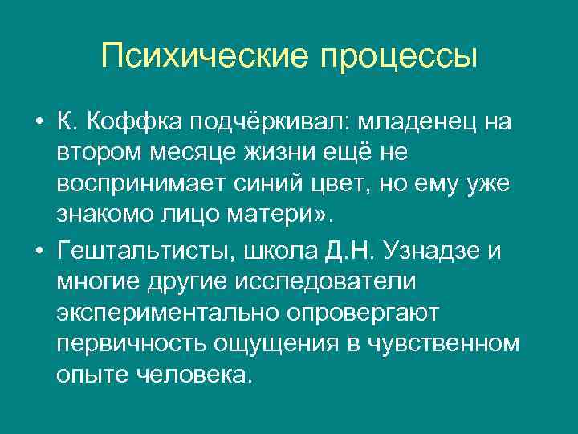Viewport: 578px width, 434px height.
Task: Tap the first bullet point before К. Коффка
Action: click(39, 123)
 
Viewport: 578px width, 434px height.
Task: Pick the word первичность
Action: click(132, 343)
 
